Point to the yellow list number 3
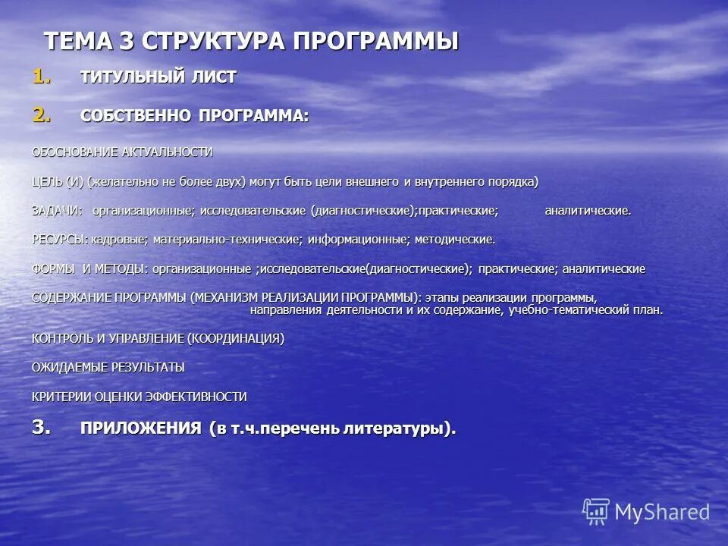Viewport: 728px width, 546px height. [42, 427]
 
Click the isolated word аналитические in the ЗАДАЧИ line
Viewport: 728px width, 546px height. [588, 210]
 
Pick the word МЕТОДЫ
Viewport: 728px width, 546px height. [121, 269]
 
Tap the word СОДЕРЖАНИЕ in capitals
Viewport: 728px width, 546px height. [72, 297]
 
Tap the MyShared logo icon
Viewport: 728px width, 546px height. [596, 512]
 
